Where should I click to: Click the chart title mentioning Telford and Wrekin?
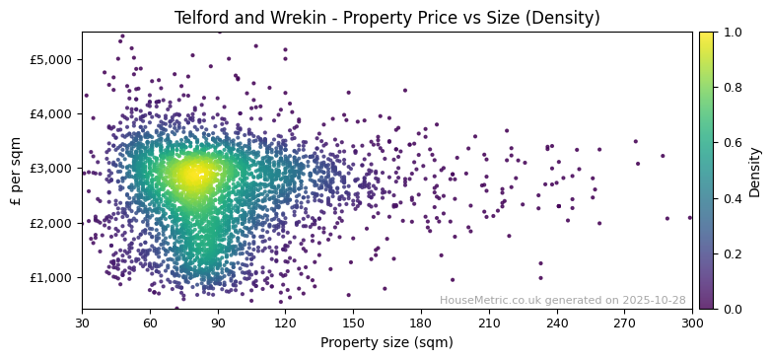[386, 18]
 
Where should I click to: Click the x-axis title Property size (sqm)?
[386, 343]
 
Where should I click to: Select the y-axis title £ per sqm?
[16, 171]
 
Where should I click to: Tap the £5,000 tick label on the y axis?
[50, 59]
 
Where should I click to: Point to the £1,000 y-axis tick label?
[50, 277]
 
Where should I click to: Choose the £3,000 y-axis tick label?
[50, 169]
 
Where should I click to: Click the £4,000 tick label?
[50, 113]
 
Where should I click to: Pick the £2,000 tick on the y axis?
[50, 223]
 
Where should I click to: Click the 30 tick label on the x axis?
[82, 323]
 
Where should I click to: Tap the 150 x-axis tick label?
[353, 323]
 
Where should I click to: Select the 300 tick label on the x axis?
[692, 323]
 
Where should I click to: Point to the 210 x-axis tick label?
[489, 323]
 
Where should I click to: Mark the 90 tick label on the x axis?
[218, 323]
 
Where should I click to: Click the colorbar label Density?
[755, 171]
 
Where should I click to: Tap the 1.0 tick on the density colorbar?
[732, 33]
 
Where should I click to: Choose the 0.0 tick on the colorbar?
[732, 309]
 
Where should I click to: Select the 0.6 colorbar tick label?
[732, 143]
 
